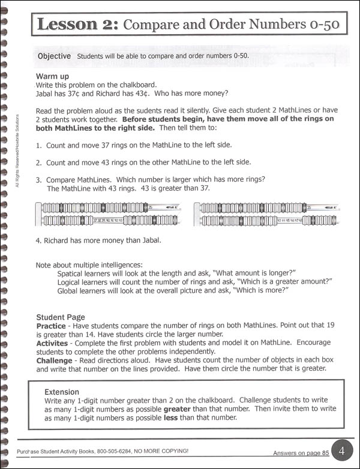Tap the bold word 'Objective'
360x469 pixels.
click(x=54, y=56)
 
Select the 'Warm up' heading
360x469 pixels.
click(x=52, y=77)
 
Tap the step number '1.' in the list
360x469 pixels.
click(x=39, y=146)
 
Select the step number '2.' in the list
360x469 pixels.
click(x=39, y=163)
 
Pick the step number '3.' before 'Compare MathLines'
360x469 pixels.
click(x=39, y=179)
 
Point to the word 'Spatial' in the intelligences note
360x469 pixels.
click(x=70, y=273)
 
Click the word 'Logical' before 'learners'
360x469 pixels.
click(x=71, y=281)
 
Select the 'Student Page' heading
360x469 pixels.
click(x=61, y=317)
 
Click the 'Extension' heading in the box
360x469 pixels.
click(x=62, y=390)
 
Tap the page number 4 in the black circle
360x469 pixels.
click(x=340, y=450)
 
